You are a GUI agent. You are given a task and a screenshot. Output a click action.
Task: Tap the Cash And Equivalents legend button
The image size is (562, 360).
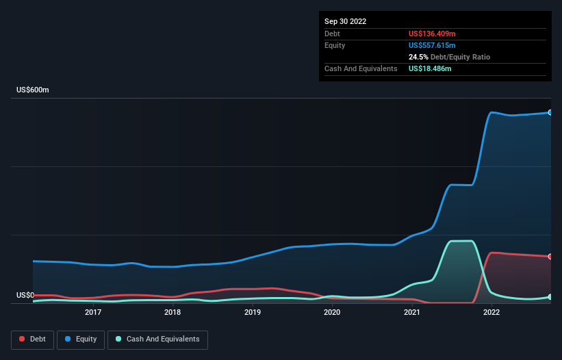click(157, 339)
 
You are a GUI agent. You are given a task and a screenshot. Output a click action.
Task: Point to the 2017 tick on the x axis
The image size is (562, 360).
click(93, 313)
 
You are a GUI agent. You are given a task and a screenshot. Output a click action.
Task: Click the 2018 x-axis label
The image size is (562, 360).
click(173, 313)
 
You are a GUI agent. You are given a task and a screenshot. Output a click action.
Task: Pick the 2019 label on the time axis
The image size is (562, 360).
click(253, 313)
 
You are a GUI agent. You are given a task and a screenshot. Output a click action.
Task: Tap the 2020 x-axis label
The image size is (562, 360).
click(332, 313)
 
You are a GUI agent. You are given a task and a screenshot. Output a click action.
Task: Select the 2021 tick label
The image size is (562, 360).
click(412, 313)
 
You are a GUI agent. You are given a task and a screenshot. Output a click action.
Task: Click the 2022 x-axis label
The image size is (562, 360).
click(491, 313)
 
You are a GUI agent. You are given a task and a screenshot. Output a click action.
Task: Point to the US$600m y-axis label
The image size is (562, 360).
click(33, 90)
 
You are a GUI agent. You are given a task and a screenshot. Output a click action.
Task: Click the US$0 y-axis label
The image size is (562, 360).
click(26, 295)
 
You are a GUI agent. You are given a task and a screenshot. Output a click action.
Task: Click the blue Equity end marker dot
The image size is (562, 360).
click(550, 112)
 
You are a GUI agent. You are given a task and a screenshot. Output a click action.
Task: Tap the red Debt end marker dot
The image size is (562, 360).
click(550, 257)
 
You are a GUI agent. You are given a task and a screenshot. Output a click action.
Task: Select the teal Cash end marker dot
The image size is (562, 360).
click(550, 297)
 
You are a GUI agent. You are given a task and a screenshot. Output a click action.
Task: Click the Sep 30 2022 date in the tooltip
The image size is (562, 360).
click(346, 21)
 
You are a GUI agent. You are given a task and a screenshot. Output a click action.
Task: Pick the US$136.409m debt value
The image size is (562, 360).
click(432, 34)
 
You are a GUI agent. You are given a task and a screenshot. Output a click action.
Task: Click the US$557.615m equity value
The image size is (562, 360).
click(432, 45)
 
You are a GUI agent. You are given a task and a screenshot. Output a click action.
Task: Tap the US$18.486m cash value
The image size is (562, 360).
click(430, 68)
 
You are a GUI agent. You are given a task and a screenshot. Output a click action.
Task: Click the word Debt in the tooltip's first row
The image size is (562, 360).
click(332, 34)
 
